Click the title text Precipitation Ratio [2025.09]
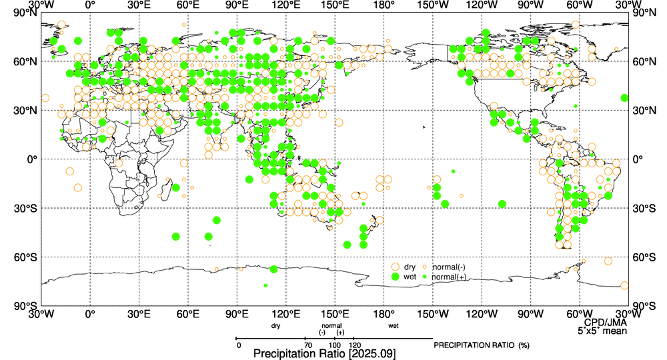325,354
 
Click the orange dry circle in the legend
396,267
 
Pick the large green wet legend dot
396,277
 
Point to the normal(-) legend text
449,267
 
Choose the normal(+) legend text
449,277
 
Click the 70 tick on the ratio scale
307,345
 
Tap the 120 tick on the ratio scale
355,345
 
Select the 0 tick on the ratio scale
238,345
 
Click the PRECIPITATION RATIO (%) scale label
481,345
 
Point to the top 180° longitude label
384,5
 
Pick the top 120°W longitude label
481,5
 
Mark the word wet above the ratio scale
393,326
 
